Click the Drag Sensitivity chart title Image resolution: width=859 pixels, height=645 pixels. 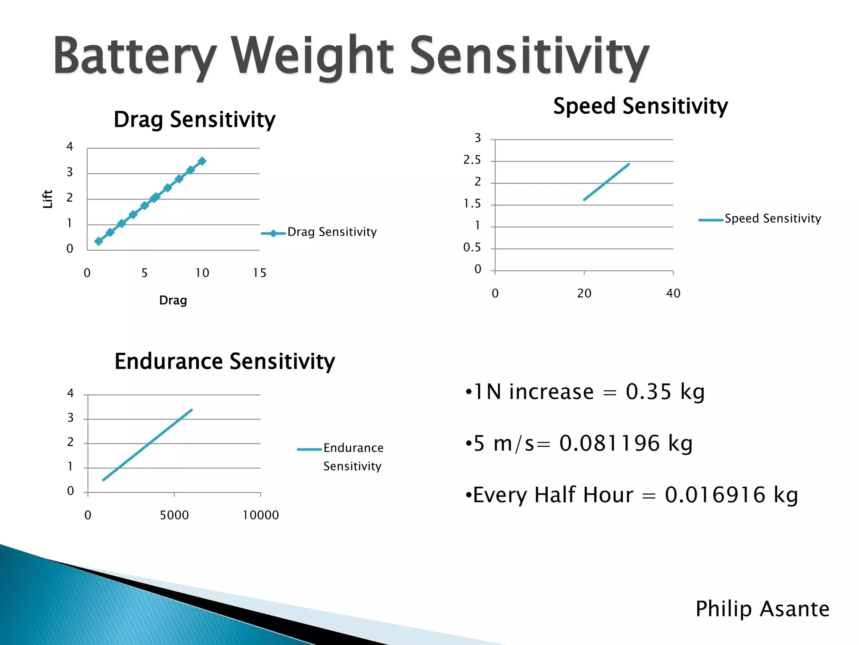194,120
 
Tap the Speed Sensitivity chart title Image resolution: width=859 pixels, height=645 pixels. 640,106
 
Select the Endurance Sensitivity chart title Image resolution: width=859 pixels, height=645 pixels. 224,362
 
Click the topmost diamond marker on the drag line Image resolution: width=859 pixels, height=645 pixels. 202,161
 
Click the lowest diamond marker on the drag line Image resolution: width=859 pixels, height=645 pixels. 99,241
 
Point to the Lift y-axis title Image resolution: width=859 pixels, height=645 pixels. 48,199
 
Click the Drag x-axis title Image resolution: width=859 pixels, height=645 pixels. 173,300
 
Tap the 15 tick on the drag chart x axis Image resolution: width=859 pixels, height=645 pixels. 259,273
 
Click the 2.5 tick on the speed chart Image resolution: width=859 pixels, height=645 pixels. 472,160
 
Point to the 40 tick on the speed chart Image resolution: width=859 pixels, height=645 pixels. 673,294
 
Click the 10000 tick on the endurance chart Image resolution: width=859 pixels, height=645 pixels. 260,515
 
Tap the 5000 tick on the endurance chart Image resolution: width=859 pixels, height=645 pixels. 174,515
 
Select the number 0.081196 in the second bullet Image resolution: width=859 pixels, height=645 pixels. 609,443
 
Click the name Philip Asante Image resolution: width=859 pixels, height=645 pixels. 762,609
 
